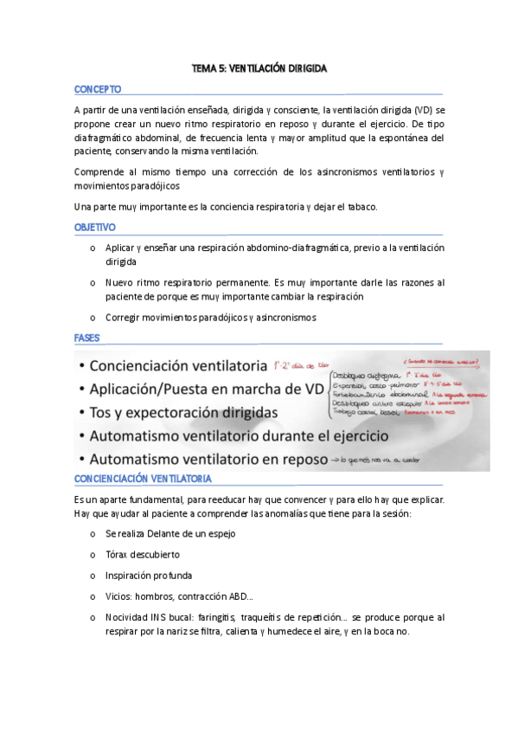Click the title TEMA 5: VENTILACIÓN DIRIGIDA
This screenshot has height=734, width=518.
(x=259, y=68)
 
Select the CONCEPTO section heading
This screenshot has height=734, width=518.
(x=98, y=89)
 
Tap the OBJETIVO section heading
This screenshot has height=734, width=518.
(x=95, y=228)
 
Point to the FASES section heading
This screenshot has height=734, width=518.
(x=87, y=337)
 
